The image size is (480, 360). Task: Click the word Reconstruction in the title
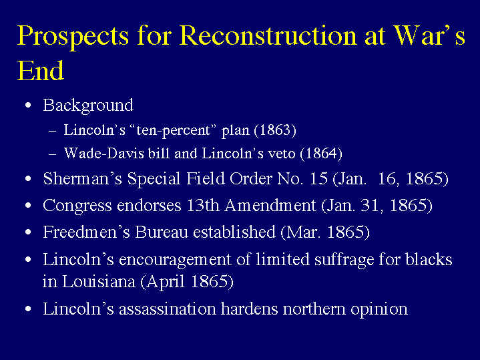tap(268, 35)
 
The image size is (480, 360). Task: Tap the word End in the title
tap(41, 71)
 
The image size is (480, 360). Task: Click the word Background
tap(88, 106)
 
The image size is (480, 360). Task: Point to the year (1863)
tap(275, 130)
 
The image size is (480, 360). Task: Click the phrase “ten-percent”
tap(173, 131)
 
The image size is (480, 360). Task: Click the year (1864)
tap(321, 154)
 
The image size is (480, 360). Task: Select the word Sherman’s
tap(83, 178)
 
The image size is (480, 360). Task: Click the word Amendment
tap(270, 205)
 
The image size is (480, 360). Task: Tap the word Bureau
tap(162, 232)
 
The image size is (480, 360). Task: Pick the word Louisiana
tap(99, 282)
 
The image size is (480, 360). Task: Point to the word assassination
tap(168, 309)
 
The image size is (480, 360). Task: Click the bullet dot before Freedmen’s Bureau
tap(28, 232)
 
